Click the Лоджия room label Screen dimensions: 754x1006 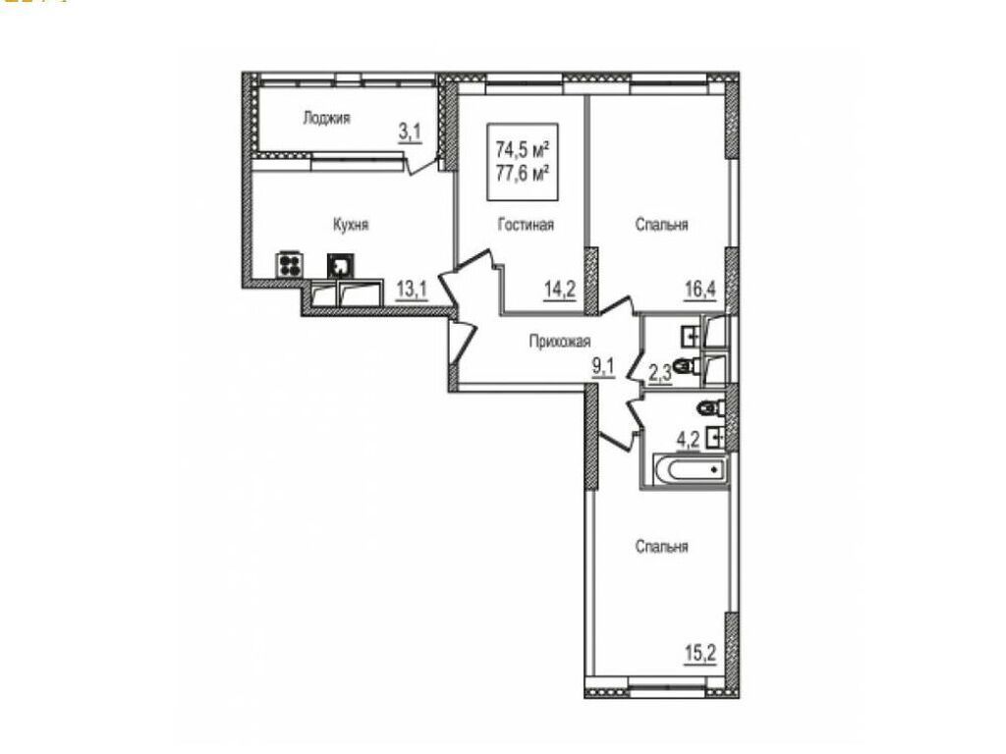(327, 119)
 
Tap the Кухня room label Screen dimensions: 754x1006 (351, 225)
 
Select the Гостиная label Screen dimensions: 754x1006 (526, 225)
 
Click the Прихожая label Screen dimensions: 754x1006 (559, 342)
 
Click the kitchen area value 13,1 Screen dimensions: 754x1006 (412, 289)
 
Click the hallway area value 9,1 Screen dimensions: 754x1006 (602, 370)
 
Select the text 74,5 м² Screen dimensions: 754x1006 (522, 149)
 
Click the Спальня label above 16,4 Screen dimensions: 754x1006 (661, 225)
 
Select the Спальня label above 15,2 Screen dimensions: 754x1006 (661, 547)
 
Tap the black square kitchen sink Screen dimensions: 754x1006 (340, 265)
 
